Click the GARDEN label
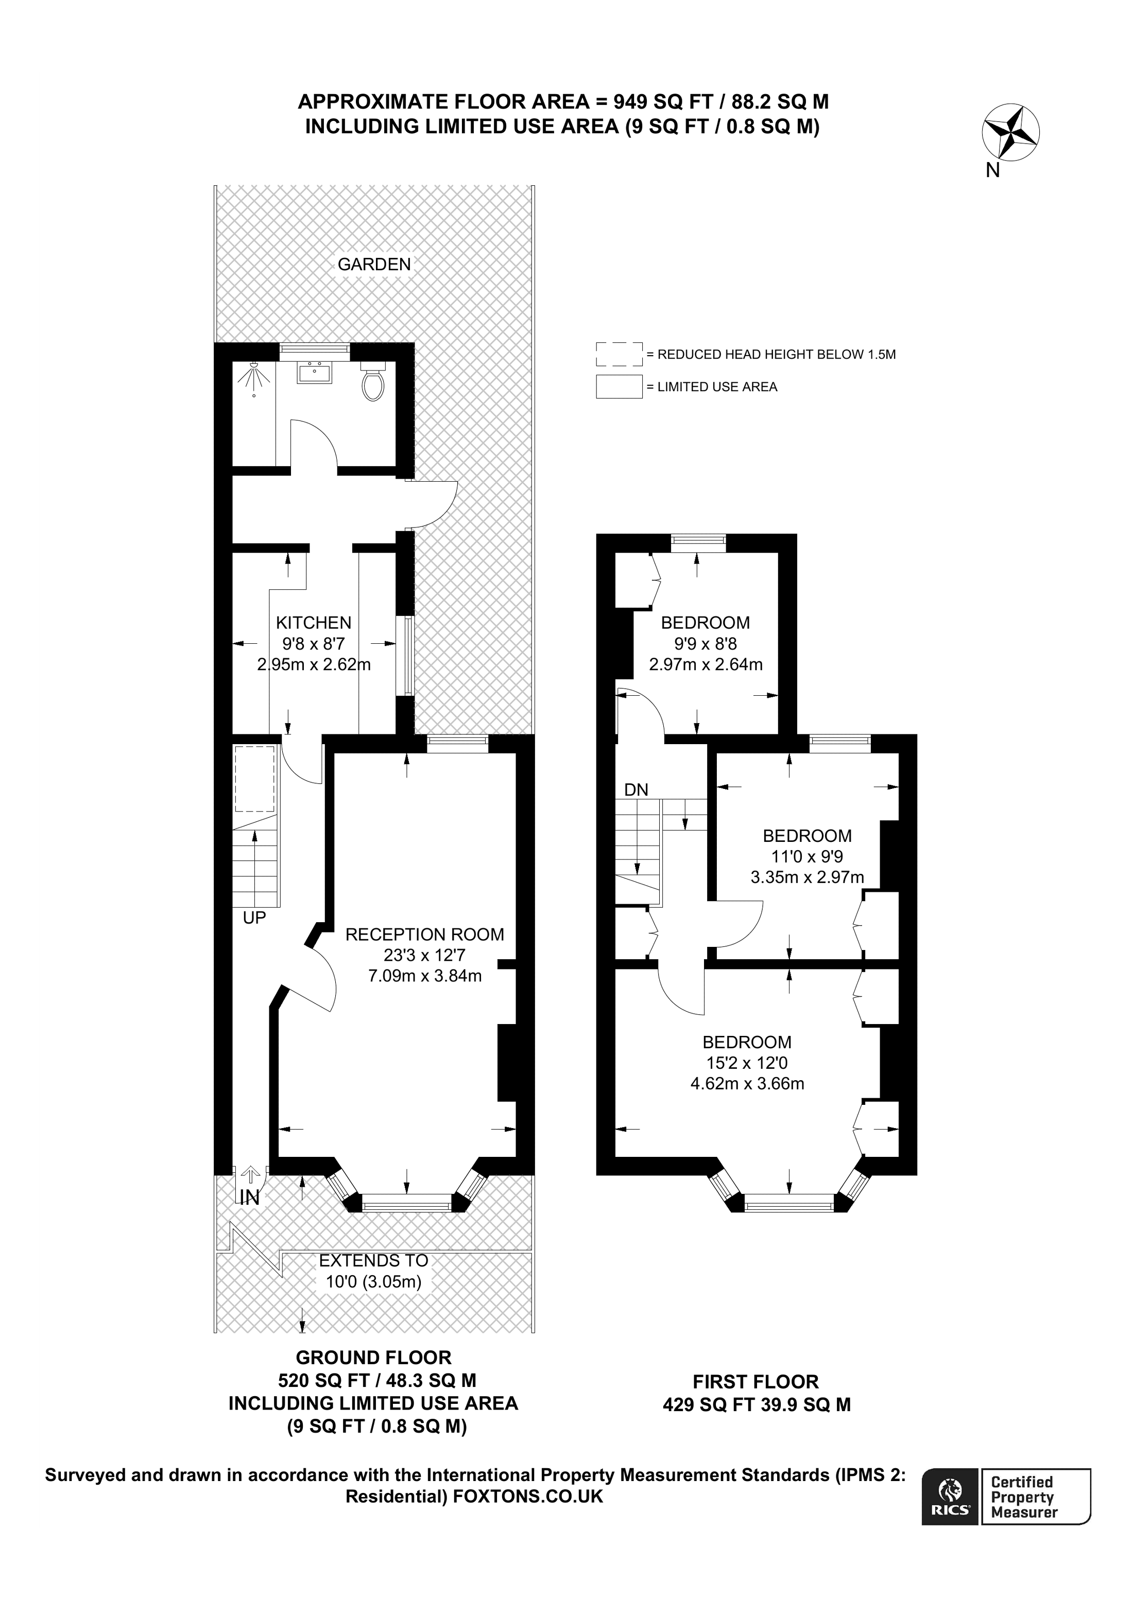(374, 265)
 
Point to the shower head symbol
(254, 378)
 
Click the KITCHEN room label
(314, 622)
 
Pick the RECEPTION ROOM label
(424, 934)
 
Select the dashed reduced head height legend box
(619, 354)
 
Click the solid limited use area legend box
(619, 386)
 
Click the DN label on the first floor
(636, 790)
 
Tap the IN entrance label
(249, 1198)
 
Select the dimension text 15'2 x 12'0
(747, 1063)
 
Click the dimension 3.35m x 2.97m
(807, 877)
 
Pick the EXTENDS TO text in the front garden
(373, 1261)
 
